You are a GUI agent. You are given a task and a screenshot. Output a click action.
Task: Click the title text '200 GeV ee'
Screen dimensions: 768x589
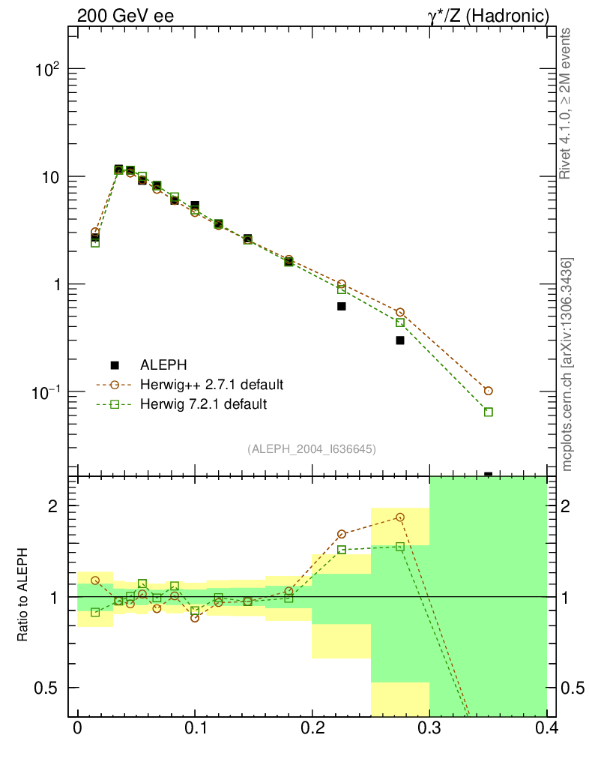click(x=125, y=15)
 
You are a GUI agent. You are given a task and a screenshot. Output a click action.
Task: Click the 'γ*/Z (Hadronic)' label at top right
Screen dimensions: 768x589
click(x=489, y=15)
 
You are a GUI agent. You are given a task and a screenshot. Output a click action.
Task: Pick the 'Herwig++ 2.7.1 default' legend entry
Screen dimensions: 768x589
click(x=211, y=385)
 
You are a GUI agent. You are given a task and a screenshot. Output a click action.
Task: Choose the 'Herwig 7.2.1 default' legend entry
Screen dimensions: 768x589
click(x=203, y=404)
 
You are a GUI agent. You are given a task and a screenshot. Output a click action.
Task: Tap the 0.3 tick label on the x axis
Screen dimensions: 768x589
click(x=429, y=730)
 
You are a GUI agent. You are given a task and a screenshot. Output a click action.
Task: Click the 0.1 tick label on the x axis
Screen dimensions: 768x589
click(x=195, y=730)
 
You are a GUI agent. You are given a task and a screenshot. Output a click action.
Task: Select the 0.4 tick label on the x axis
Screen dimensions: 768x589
click(x=546, y=730)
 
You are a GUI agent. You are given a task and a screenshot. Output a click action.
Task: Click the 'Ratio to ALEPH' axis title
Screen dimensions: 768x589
click(x=24, y=596)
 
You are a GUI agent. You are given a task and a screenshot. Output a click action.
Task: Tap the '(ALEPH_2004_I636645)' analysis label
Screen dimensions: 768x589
click(x=311, y=448)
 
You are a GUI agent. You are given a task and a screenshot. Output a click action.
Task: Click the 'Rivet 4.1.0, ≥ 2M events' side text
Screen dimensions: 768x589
click(x=567, y=103)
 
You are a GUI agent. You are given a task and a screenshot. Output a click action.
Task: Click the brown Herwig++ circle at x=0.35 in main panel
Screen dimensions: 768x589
click(x=489, y=391)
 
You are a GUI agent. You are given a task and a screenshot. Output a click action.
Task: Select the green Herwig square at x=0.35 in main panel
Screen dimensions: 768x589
click(x=489, y=412)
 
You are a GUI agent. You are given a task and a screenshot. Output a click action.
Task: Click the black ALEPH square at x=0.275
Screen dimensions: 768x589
click(x=400, y=340)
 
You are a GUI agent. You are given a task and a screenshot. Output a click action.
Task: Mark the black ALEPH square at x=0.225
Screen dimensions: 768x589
click(x=342, y=306)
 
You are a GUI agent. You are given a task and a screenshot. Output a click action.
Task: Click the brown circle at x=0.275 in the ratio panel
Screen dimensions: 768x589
click(x=400, y=517)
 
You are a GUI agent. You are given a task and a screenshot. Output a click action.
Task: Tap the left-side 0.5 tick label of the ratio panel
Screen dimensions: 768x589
click(x=49, y=688)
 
